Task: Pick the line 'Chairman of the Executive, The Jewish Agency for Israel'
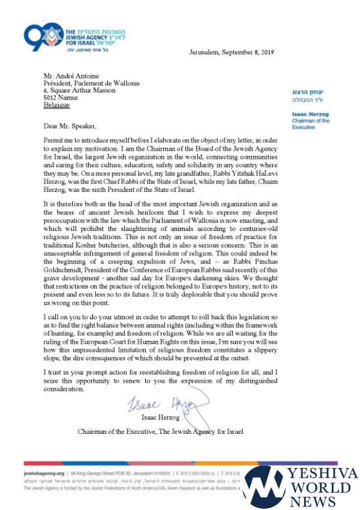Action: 161,431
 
